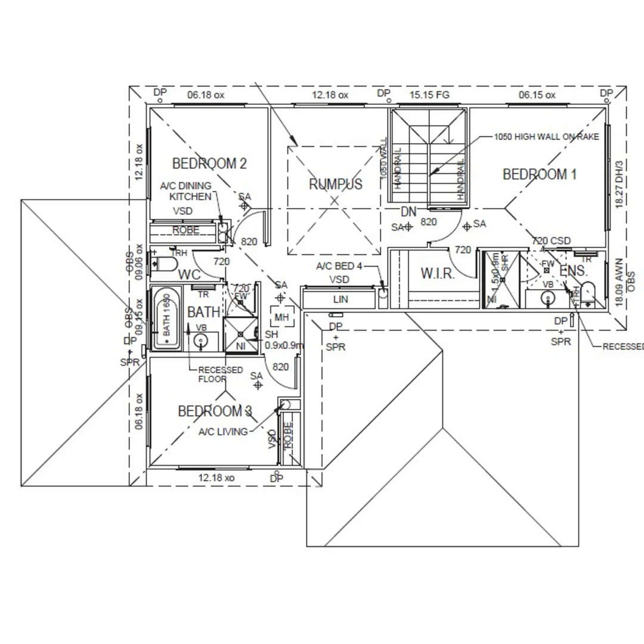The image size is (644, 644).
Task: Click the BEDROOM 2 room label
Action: click(x=209, y=163)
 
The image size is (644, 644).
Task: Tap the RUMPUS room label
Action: click(x=335, y=184)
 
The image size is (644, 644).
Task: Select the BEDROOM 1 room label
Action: click(x=540, y=174)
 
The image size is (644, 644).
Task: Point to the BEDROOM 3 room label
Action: click(x=215, y=411)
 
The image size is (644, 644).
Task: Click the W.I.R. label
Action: click(x=438, y=274)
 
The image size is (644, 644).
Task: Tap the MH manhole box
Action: click(x=281, y=318)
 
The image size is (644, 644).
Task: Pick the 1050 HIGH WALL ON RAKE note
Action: click(x=546, y=137)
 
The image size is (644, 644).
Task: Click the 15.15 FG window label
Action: click(x=429, y=95)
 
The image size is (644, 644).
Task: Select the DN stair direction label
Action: click(x=408, y=212)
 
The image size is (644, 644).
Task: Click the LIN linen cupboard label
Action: click(x=340, y=299)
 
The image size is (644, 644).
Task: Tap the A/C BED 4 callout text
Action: click(x=339, y=266)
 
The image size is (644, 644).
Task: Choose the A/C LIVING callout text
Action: click(x=223, y=432)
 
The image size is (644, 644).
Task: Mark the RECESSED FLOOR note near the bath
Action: click(x=221, y=374)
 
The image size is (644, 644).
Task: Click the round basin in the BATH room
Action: click(x=201, y=342)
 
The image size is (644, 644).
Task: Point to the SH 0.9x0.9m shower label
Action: click(x=283, y=340)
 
